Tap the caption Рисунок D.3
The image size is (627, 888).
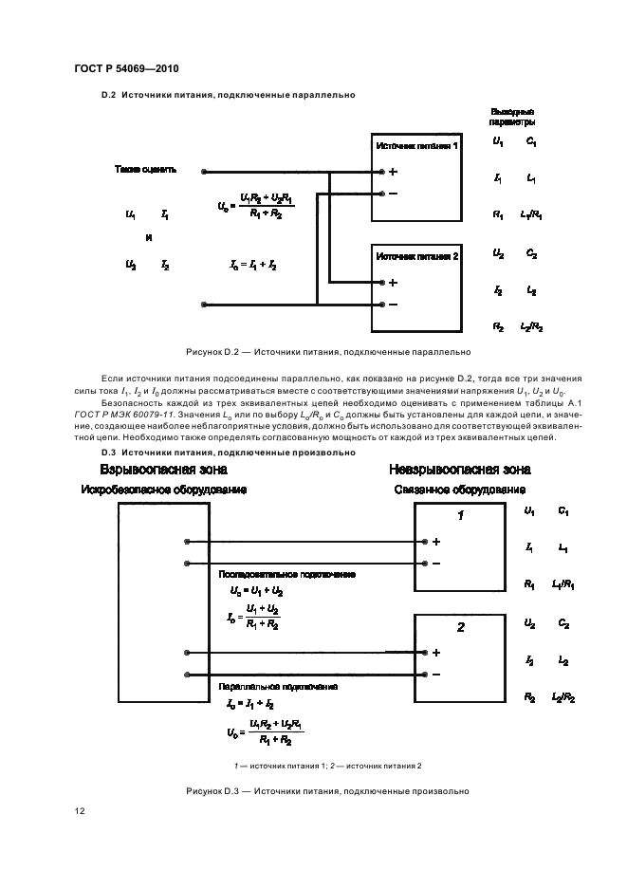pos(314,790)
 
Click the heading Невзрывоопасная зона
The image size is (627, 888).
pos(459,471)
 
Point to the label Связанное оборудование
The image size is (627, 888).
pos(459,490)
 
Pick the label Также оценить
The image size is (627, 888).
pos(145,171)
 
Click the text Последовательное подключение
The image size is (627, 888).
pos(273,575)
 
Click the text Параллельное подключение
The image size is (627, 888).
pos(266,686)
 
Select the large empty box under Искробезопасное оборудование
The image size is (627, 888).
pos(162,602)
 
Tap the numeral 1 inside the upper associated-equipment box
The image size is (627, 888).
pos(461,516)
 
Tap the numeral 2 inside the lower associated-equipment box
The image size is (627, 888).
pos(461,628)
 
